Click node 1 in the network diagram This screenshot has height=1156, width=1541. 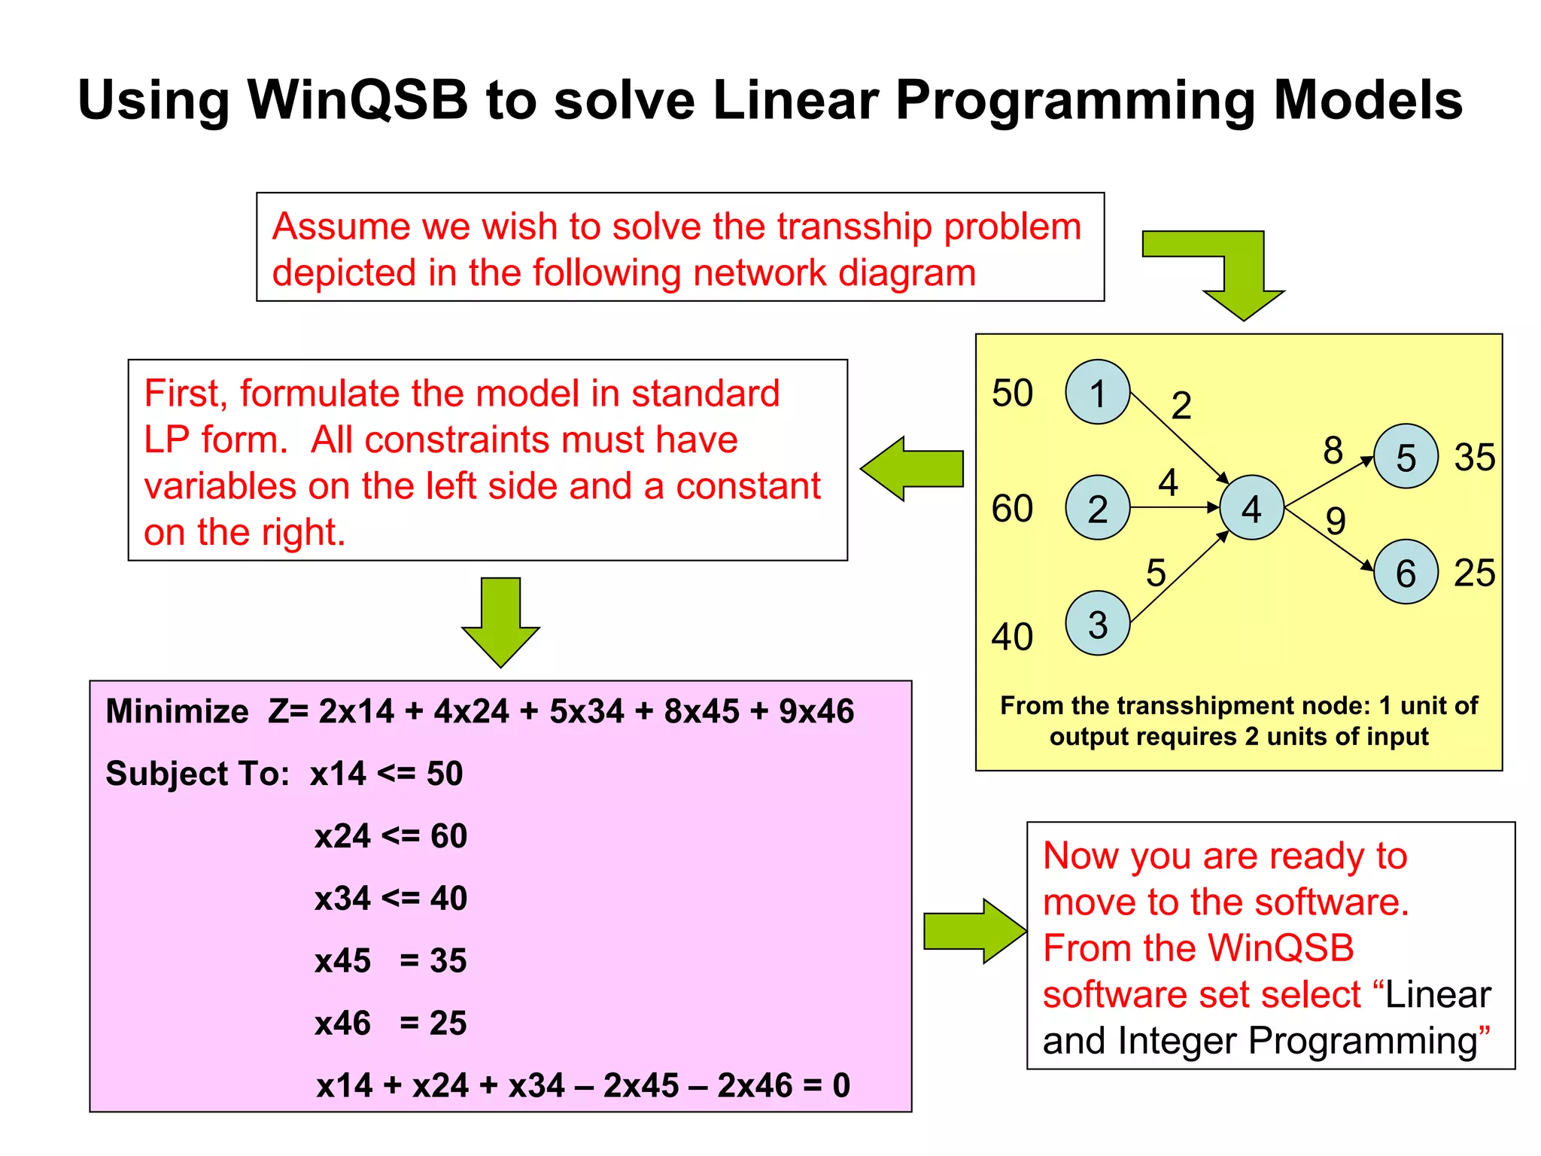[x=1097, y=392]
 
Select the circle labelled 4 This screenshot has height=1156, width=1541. [x=1251, y=508]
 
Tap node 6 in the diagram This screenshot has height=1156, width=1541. [x=1406, y=572]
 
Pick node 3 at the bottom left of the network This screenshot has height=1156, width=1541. [x=1097, y=623]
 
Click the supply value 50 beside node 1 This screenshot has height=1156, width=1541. [x=1012, y=393]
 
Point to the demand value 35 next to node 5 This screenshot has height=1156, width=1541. [x=1474, y=457]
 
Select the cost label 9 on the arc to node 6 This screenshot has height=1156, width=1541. [x=1336, y=521]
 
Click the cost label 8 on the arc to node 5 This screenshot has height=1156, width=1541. [x=1333, y=450]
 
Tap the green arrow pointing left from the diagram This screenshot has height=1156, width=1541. [x=912, y=469]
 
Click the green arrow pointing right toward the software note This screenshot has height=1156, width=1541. [x=975, y=931]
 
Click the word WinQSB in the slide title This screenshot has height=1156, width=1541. [x=357, y=100]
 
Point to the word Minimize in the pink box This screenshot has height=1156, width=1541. [x=177, y=711]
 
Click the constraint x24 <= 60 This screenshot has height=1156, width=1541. [x=391, y=836]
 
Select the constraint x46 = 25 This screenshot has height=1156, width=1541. [x=391, y=1024]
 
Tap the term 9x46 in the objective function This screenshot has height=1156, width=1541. [x=816, y=711]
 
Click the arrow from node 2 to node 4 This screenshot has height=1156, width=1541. [x=1174, y=508]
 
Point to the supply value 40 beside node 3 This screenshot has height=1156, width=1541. [x=1012, y=637]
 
